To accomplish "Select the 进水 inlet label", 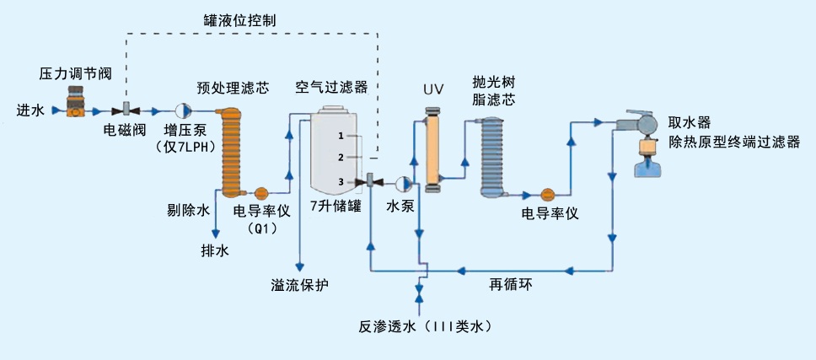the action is pos(30,110).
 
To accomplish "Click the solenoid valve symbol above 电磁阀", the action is pos(126,110).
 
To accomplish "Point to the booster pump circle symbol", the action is pos(183,110).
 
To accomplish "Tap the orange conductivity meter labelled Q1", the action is pos(260,193).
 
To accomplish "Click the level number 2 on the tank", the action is pos(341,157).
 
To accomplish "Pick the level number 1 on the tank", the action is pos(341,136).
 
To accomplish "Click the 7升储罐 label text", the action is pos(336,206).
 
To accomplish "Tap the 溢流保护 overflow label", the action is pos(300,285).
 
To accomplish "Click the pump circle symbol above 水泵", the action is pos(404,183).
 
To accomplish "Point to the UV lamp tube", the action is pos(432,149).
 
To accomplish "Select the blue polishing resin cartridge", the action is pos(491,157).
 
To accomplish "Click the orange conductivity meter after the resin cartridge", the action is pos(547,195).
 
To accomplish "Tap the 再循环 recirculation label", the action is pos(511,285).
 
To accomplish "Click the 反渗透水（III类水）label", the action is pos(426,327).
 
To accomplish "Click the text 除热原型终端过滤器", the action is pos(734,142).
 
